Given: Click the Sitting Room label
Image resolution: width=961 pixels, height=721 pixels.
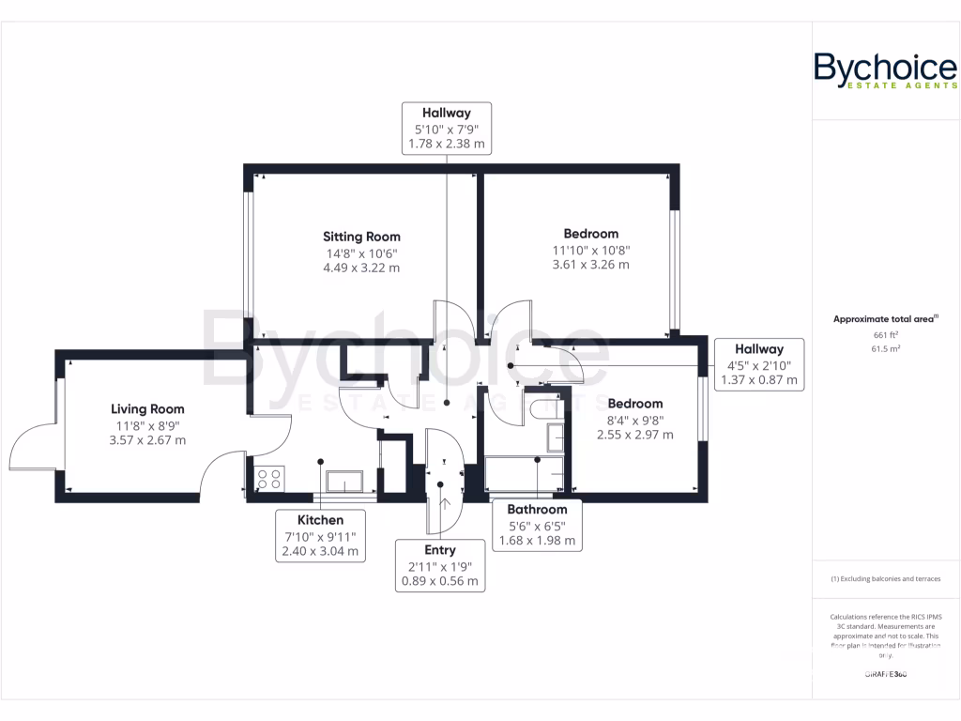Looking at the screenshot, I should click(x=361, y=237).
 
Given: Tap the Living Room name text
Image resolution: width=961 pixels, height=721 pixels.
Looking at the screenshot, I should click(x=147, y=408).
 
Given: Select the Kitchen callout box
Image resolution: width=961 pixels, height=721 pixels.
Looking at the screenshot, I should click(x=320, y=536).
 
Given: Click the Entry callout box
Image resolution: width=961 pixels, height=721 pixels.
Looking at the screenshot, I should click(x=440, y=565).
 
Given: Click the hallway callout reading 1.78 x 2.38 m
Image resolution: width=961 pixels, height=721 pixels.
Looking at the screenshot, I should click(x=446, y=128).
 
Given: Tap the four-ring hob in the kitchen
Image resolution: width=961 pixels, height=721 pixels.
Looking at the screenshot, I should click(x=269, y=479).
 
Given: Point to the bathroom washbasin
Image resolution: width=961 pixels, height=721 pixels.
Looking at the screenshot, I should click(x=556, y=437).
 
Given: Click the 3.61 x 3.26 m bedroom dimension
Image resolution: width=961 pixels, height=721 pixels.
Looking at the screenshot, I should click(x=590, y=265).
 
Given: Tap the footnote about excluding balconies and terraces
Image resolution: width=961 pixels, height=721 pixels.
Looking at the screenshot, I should click(x=885, y=579).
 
